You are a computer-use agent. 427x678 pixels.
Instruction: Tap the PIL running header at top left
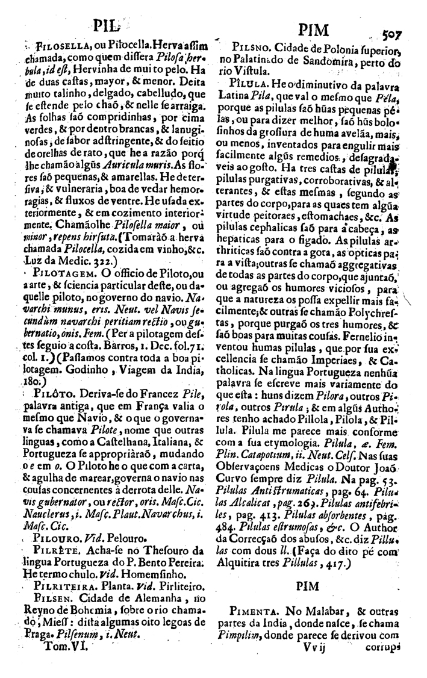(x=106, y=26)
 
